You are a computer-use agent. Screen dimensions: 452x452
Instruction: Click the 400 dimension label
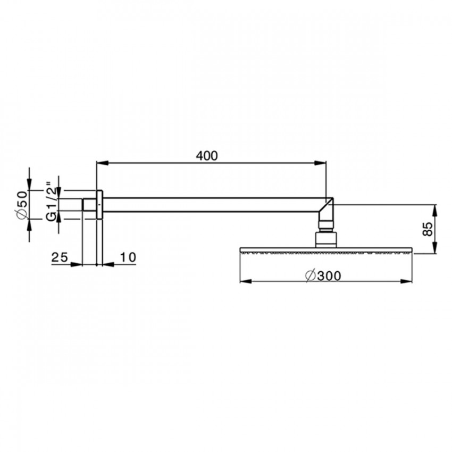tap(207, 156)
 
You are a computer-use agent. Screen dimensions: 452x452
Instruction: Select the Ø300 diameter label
tap(323, 276)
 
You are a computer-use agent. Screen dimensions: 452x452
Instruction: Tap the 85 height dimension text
tap(428, 229)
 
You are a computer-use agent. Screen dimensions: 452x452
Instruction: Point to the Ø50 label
tap(22, 205)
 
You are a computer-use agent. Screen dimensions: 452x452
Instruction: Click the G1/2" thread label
tap(52, 201)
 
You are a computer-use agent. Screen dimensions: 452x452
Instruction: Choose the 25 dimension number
tap(60, 257)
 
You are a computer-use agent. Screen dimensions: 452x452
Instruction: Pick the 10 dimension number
tap(128, 257)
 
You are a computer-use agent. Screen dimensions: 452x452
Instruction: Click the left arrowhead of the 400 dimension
tap(102, 163)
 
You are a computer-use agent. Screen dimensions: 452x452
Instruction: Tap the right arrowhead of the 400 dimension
tap(320, 163)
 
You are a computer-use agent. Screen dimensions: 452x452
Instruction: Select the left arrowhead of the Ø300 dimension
tap(246, 281)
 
